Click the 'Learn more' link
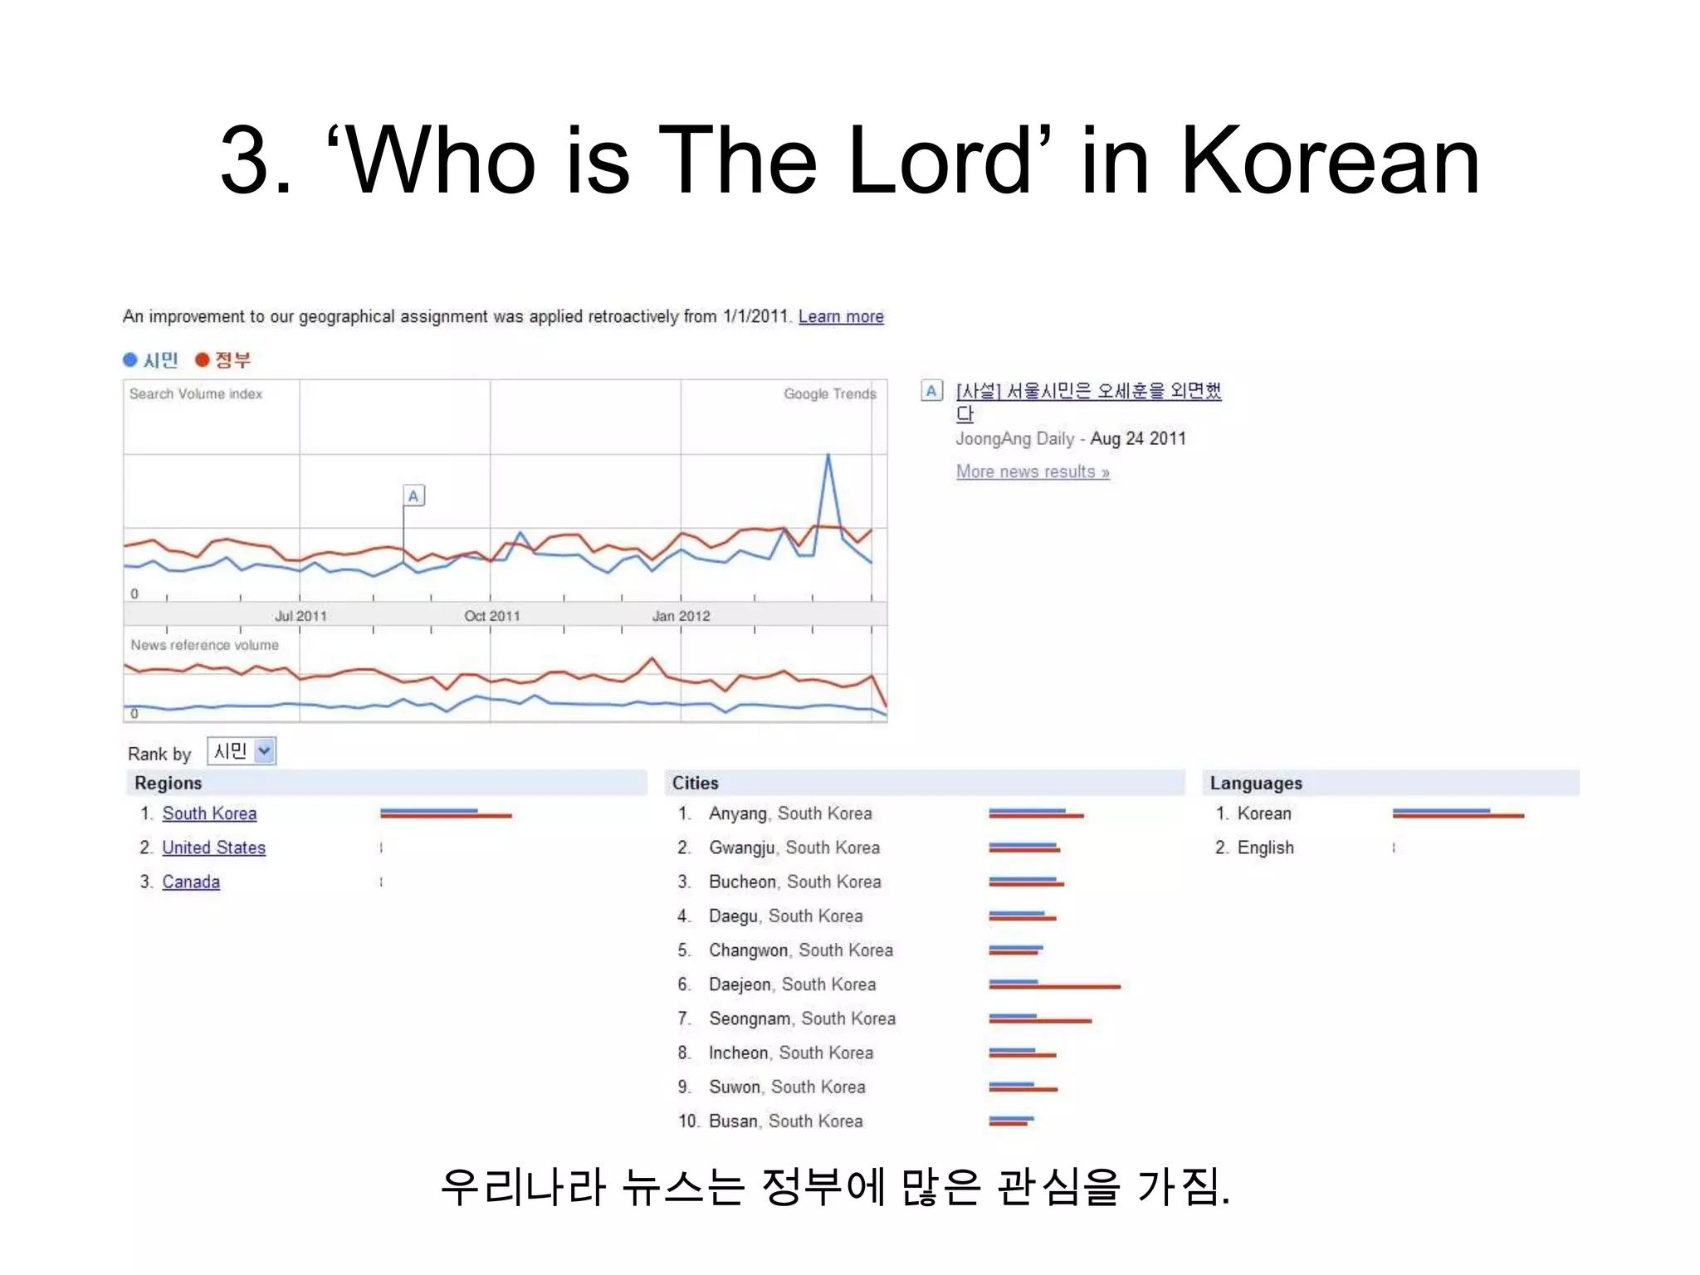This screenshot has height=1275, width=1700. click(x=841, y=316)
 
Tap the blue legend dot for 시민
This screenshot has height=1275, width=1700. click(x=130, y=359)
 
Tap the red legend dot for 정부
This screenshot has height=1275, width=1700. click(x=202, y=359)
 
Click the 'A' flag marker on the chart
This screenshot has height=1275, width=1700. click(x=413, y=496)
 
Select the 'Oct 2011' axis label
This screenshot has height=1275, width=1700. click(x=491, y=616)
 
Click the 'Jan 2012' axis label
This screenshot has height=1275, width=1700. click(x=681, y=616)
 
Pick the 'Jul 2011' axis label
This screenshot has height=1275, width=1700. click(x=300, y=616)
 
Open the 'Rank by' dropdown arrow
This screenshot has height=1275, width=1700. click(x=264, y=750)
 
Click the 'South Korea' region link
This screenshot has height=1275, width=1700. click(x=209, y=813)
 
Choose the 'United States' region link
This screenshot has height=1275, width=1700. click(x=213, y=848)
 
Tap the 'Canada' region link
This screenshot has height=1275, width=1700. click(x=191, y=882)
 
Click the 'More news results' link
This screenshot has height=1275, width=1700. click(x=1033, y=471)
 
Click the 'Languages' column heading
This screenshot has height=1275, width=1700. click(x=1256, y=783)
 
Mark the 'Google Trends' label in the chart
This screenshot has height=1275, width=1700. click(x=829, y=393)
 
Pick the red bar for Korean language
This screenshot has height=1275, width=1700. click(x=1458, y=816)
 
